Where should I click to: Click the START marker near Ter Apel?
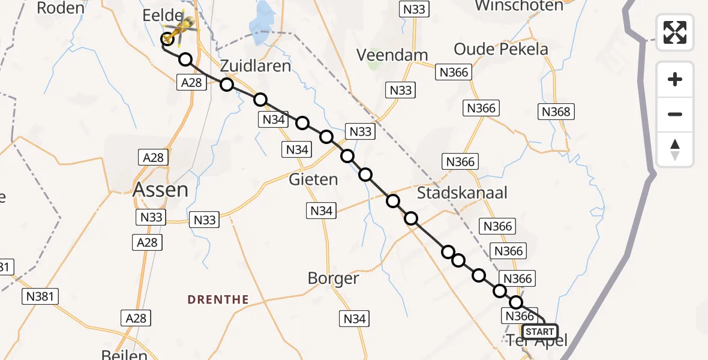point(540,331)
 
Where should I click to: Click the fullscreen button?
point(675,32)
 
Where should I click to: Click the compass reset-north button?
point(675,149)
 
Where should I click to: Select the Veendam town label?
point(392,55)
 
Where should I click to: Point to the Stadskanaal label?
point(462,193)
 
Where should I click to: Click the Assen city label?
point(160,190)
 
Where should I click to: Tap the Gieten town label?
point(313,179)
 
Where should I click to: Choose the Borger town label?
point(333,278)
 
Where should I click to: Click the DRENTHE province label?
point(218,299)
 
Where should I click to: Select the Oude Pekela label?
point(501,49)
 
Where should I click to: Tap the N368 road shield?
point(556,111)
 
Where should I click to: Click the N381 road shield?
point(40,296)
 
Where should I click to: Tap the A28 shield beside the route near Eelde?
point(192,83)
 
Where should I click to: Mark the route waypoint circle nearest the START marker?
point(516,303)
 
